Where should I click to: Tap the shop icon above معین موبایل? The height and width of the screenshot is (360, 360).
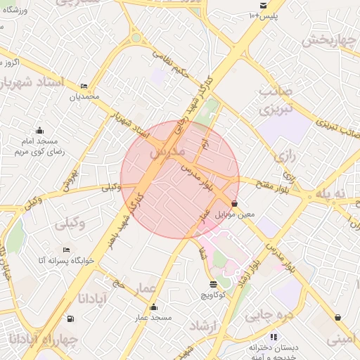234,203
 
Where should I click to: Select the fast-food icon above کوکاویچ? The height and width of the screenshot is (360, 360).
213,285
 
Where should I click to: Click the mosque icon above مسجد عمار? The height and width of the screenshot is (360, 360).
154,307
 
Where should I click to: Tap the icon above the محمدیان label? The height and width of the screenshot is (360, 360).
85,86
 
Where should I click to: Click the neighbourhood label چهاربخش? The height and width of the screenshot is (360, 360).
330,40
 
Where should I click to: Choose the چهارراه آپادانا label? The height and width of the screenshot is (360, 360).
40,340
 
